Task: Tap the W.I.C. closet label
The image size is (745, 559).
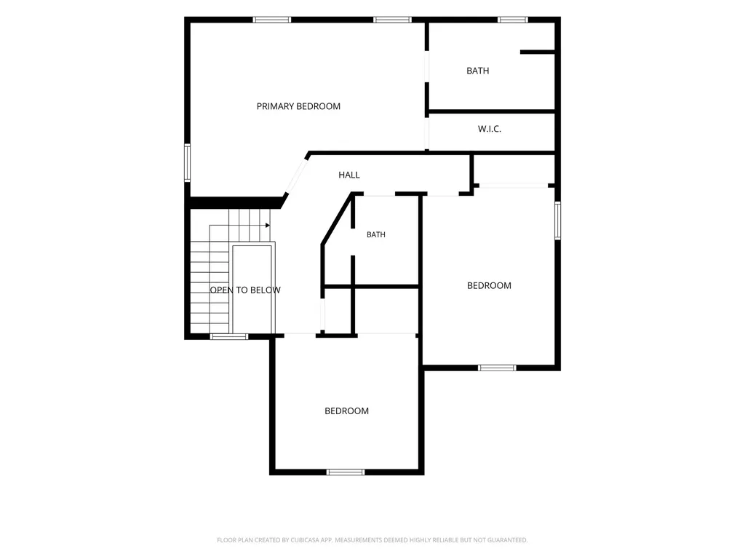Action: point(490,129)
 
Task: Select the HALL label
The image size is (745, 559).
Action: point(349,175)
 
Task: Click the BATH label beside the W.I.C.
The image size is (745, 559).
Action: point(477,71)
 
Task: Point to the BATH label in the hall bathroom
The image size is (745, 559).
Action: point(376,234)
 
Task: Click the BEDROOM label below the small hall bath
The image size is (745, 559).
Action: point(346,411)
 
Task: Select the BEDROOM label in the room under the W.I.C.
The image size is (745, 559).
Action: point(489,285)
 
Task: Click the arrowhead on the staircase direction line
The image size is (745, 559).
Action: point(268,226)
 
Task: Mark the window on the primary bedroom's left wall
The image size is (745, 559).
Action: point(187,162)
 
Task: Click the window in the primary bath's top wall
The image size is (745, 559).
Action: point(513,20)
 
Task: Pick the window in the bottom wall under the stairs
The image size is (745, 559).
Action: point(229,336)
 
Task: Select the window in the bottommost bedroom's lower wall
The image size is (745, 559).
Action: point(346,472)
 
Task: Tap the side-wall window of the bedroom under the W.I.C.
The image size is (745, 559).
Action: point(558,220)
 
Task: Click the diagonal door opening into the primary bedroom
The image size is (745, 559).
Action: point(296,176)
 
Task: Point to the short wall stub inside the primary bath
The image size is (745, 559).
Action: point(538,52)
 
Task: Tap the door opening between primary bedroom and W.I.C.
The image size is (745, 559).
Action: point(426,133)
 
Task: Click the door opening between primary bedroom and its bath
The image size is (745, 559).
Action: point(426,66)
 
